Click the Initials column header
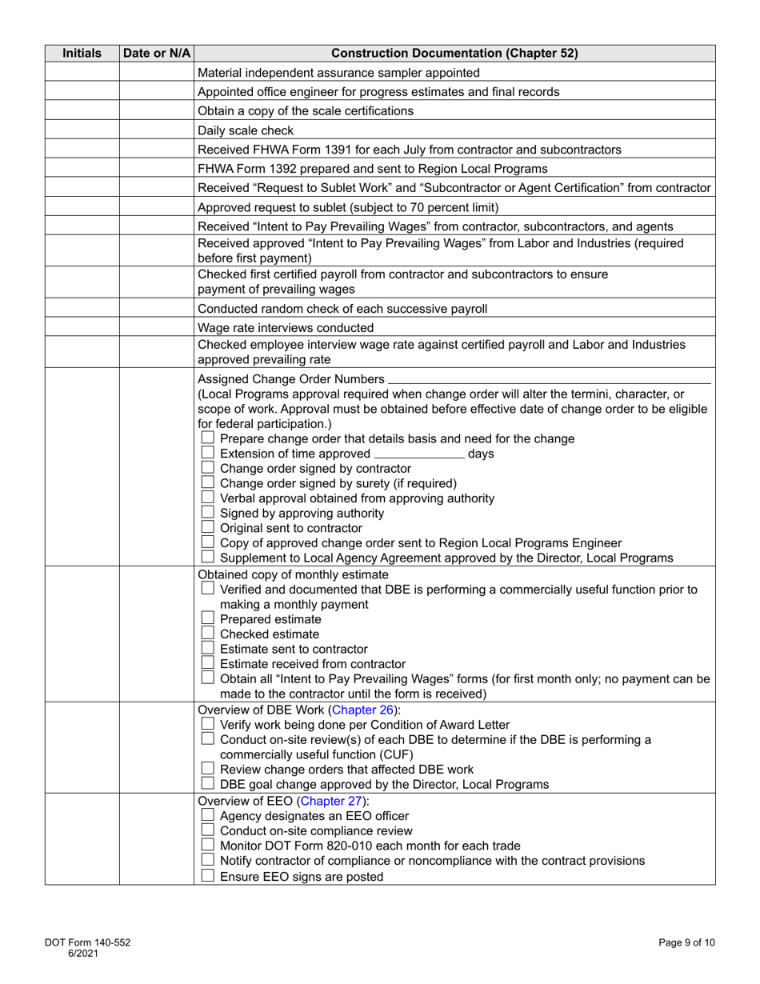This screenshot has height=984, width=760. pos(82,54)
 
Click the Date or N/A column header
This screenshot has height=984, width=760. pos(157,54)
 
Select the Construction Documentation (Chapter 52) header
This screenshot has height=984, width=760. pos(454,54)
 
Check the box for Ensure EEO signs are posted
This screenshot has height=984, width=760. pos(207,876)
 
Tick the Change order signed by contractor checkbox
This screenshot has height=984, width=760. pos(207,468)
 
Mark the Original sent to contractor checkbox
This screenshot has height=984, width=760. pos(207,528)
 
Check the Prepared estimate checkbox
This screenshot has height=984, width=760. pos(207,619)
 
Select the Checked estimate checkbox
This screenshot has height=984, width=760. pos(207,634)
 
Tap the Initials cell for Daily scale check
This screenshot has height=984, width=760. pos(82,130)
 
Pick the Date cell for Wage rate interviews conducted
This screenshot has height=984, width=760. pos(157,327)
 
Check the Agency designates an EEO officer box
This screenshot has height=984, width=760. pos(207,816)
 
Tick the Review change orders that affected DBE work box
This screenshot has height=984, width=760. pos(207,770)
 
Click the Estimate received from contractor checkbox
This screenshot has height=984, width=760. pos(207,664)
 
